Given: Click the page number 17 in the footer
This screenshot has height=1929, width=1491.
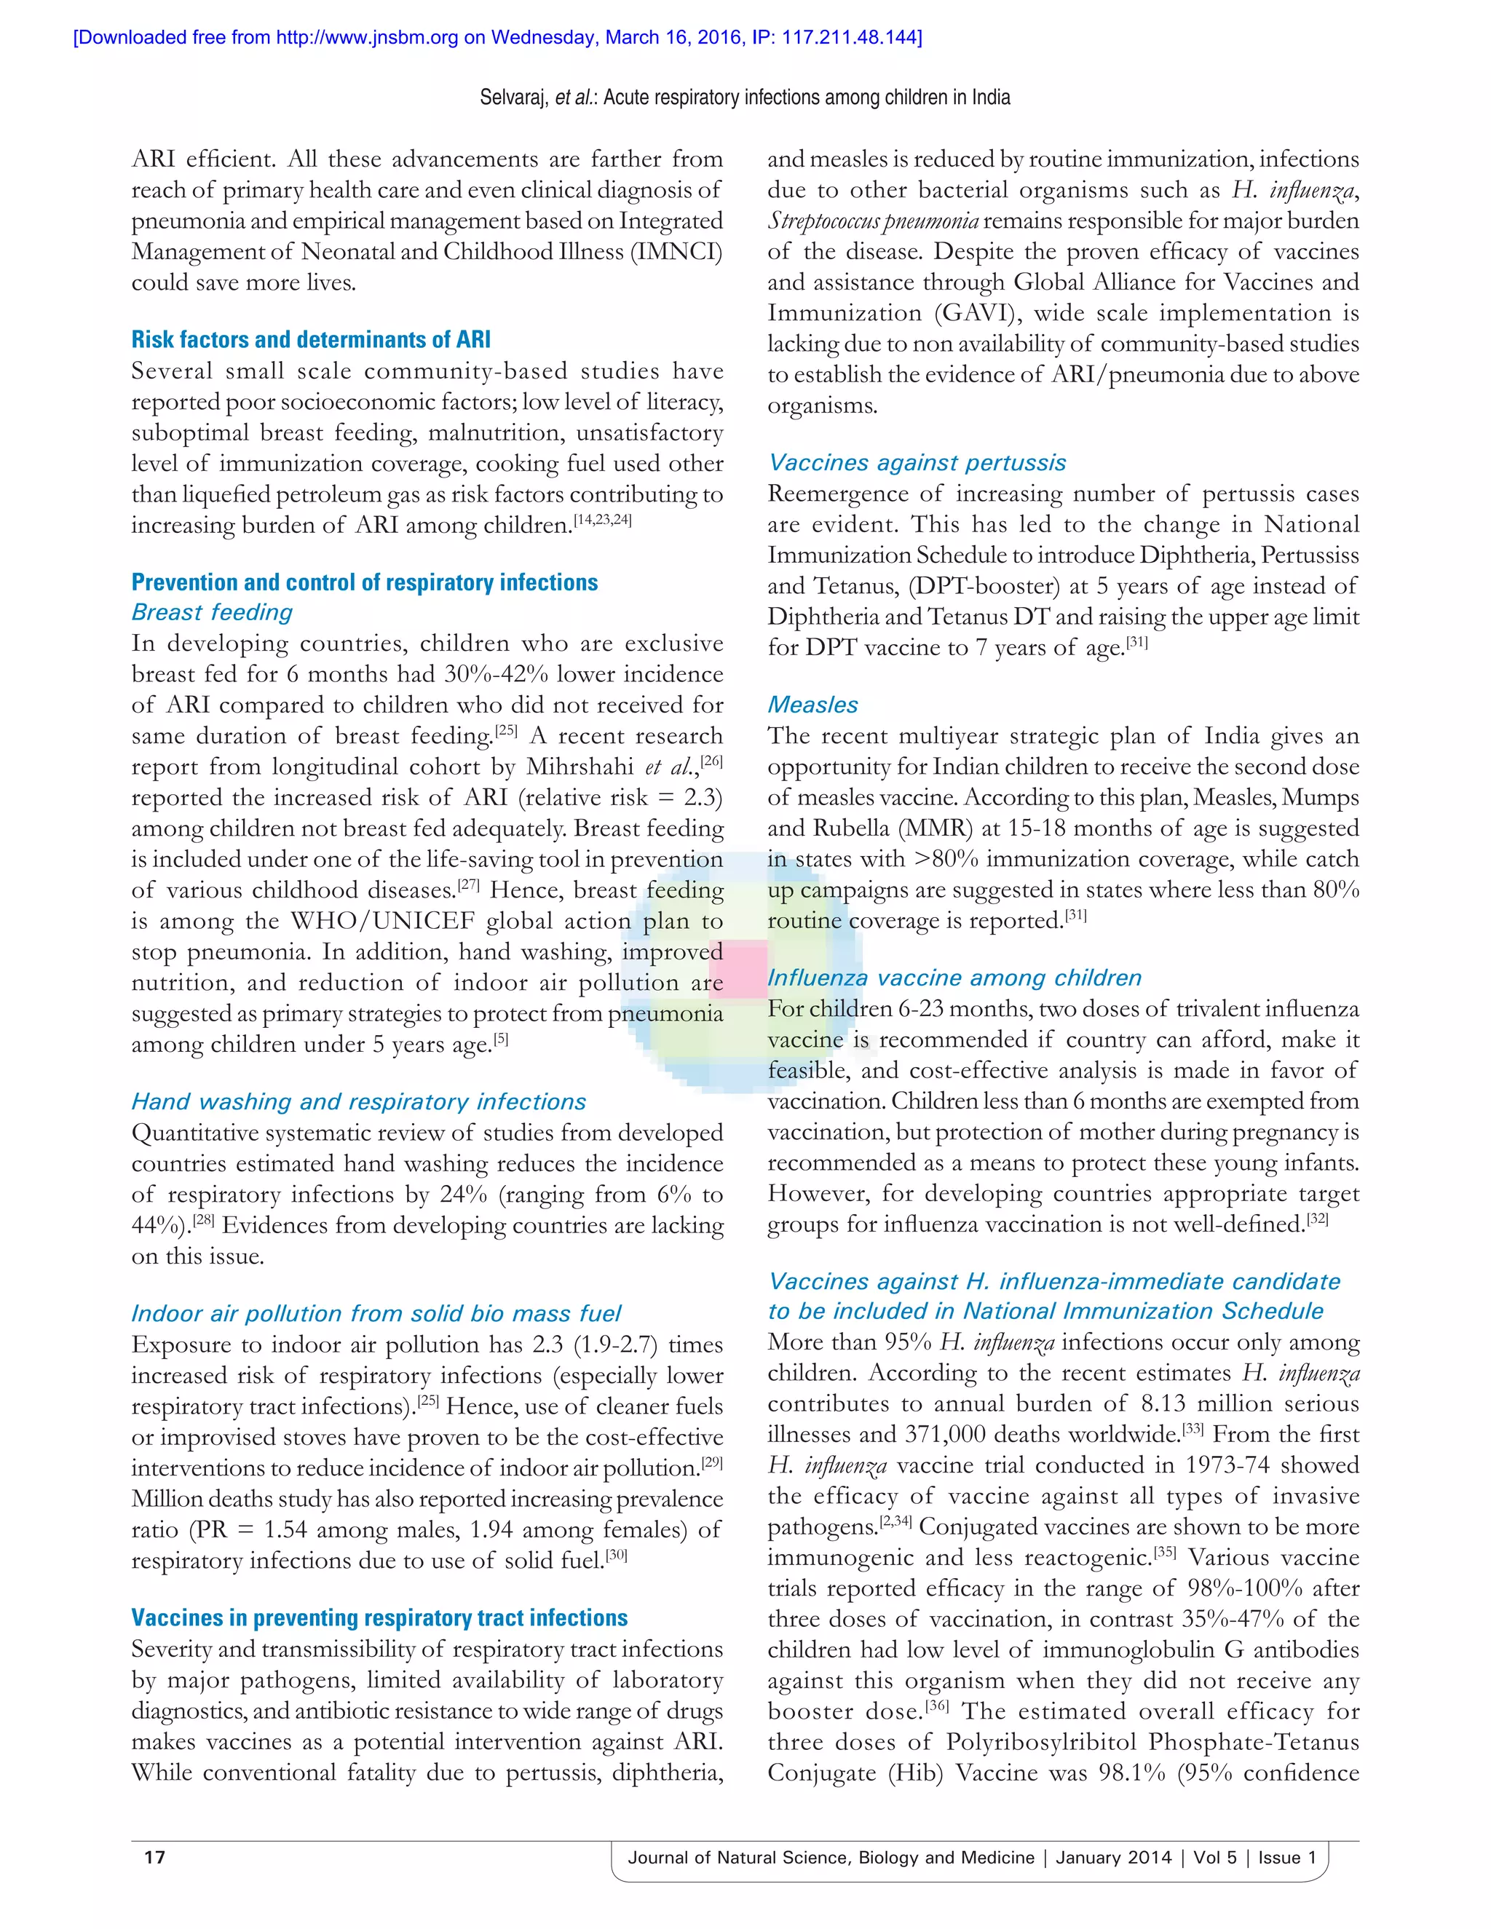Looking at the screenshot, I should pos(154,1858).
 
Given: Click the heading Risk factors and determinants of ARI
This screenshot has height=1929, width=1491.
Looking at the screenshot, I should pos(311,340).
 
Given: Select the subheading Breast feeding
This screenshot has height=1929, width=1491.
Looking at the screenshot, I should pos(212,613).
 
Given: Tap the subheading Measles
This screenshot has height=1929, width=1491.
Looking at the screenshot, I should pos(812,705).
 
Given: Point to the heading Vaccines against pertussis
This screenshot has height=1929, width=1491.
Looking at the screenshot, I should pos(917,463).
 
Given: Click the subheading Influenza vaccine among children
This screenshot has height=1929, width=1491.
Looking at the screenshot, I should pos(954,978).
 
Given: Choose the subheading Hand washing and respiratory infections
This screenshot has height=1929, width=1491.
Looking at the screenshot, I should pos(359,1102).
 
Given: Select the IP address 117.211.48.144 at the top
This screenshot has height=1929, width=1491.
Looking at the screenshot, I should pos(849,37).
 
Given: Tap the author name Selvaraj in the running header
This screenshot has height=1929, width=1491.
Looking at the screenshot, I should pos(513,97).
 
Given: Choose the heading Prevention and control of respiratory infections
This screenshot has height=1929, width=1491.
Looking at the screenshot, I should pos(364,583).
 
